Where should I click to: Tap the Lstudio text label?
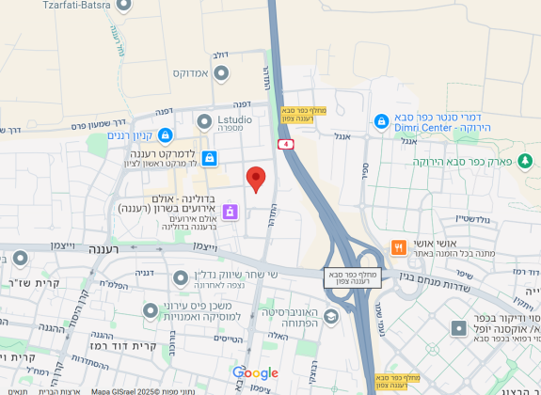click(235, 119)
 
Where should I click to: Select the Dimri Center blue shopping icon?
click(381, 121)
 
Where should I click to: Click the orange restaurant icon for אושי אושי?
click(399, 248)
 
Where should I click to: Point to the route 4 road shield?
click(285, 144)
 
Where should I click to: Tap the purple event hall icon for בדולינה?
click(230, 213)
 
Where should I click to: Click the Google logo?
click(255, 373)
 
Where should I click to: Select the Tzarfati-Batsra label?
click(78, 5)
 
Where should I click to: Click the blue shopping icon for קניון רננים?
click(166, 135)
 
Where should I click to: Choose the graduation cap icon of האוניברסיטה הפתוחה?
click(330, 317)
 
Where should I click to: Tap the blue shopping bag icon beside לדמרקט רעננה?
click(209, 157)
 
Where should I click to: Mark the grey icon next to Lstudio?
click(204, 119)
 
